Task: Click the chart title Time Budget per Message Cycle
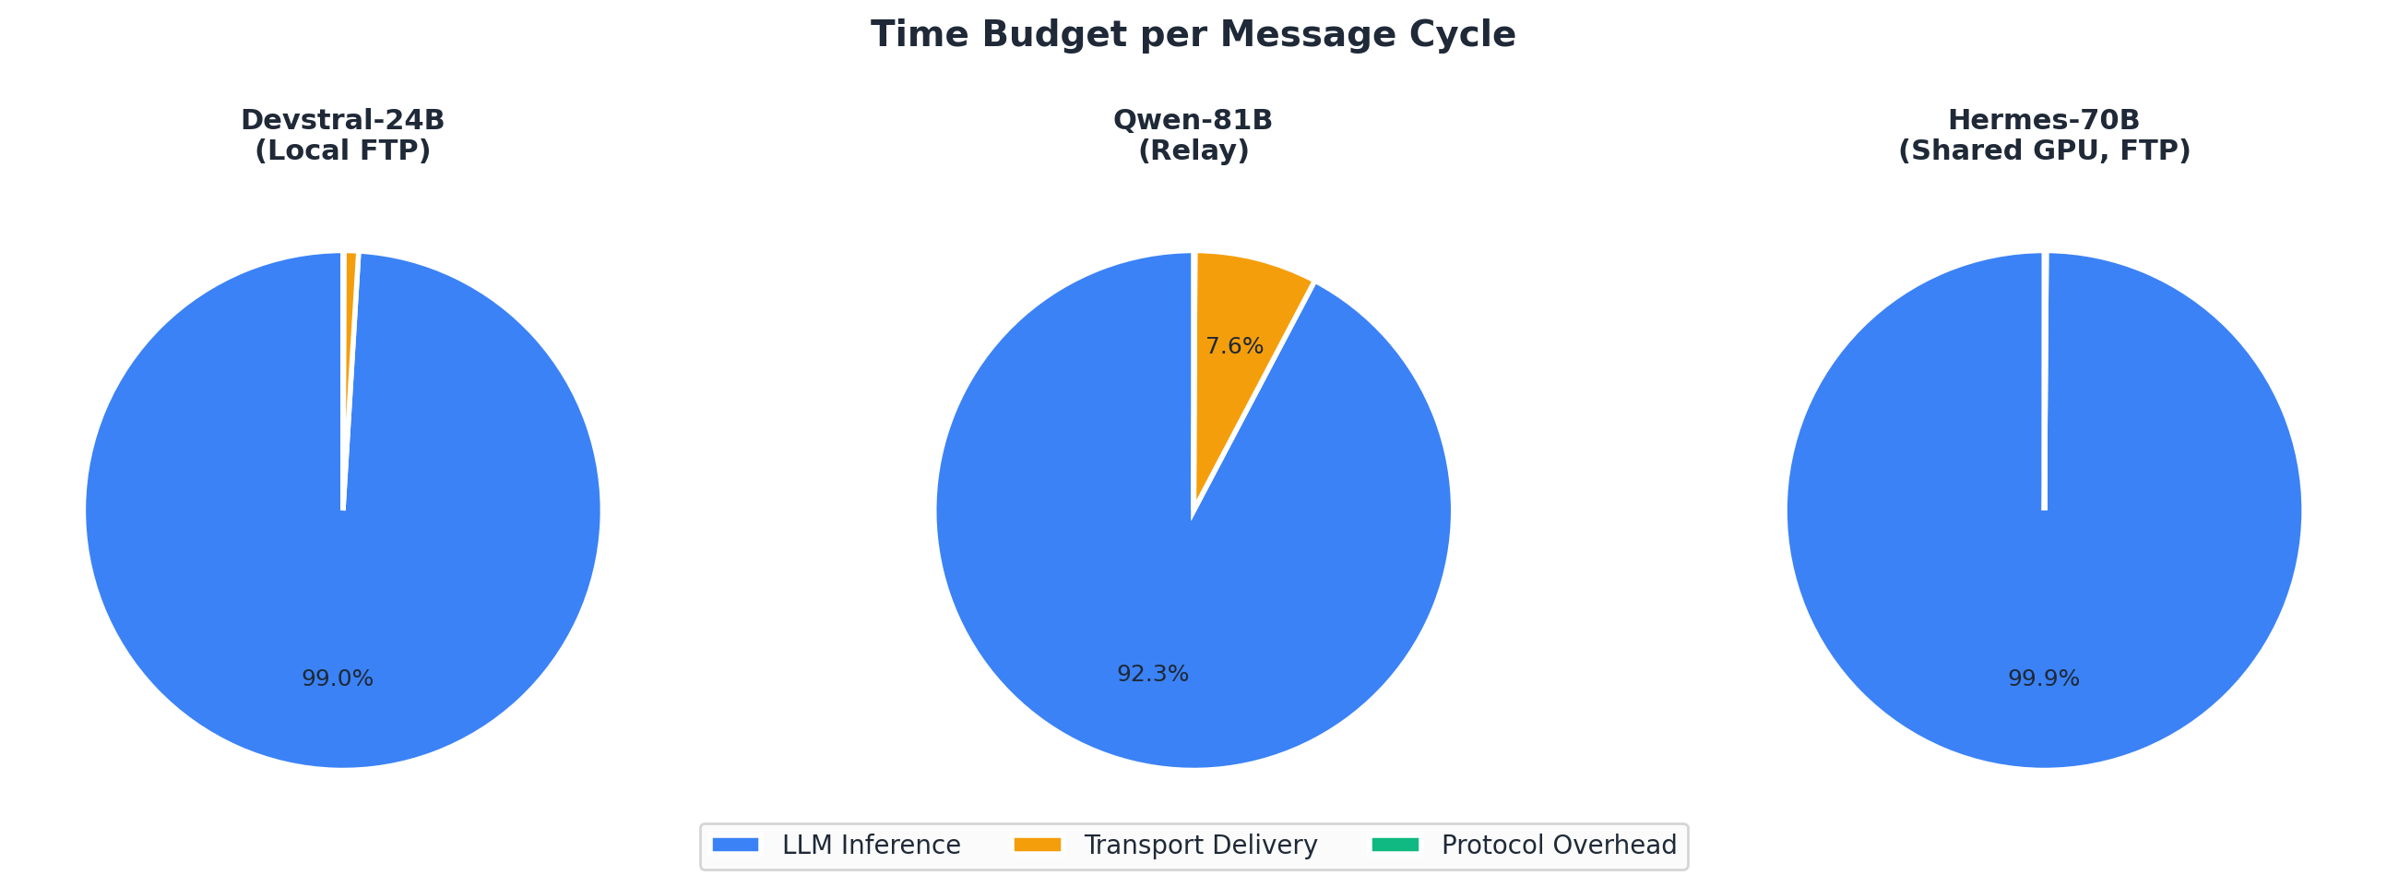point(1193,35)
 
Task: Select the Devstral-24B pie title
point(342,121)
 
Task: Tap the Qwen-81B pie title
point(1193,121)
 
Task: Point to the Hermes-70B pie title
point(2043,121)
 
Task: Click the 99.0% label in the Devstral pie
point(338,678)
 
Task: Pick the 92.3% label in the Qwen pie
point(1153,674)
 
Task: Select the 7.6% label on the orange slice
point(1234,346)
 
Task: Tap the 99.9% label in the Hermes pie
point(2043,678)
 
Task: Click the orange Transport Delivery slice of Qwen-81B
point(1241,306)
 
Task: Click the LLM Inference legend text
point(871,846)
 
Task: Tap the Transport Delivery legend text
point(1200,846)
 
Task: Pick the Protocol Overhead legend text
point(1559,846)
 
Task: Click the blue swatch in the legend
point(736,846)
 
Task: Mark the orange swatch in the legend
point(1037,846)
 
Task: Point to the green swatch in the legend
point(1395,846)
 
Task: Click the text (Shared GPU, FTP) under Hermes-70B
point(2043,151)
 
